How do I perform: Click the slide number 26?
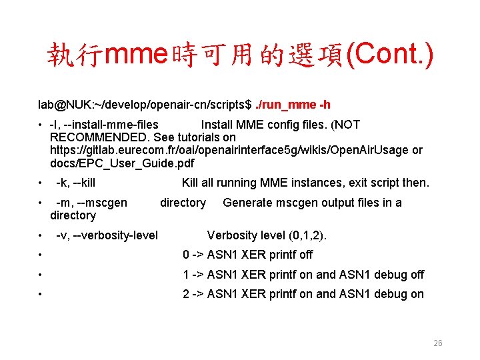tap(438, 343)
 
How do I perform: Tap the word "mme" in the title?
tap(138, 55)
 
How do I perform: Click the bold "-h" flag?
tap(325, 105)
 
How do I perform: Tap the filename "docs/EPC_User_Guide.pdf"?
tap(122, 163)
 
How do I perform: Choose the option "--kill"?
tap(84, 183)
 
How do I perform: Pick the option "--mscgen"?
tap(101, 203)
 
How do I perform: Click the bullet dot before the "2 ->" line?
tap(41, 295)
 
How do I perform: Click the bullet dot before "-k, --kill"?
tap(41, 183)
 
